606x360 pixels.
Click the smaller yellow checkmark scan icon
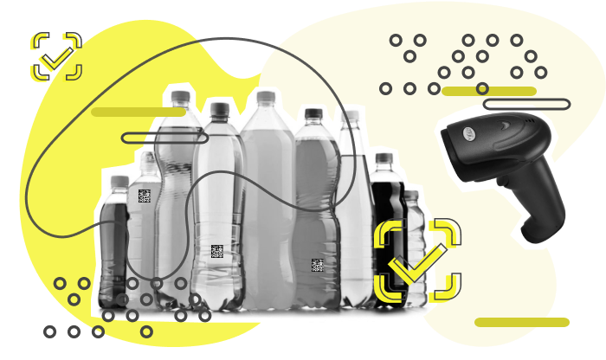point(56,57)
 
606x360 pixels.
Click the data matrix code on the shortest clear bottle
point(145,196)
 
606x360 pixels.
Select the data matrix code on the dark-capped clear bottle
point(216,252)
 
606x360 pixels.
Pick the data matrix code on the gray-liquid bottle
point(317,265)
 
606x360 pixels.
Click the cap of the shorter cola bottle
point(119,183)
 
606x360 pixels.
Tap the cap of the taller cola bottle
point(384,159)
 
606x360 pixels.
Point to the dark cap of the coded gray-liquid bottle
point(313,113)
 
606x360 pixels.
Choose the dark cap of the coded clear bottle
point(218,108)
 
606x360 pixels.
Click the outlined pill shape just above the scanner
point(526,105)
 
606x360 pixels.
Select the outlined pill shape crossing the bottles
point(164,138)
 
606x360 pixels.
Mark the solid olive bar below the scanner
point(522,322)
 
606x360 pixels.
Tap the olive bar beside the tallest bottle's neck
point(139,112)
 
